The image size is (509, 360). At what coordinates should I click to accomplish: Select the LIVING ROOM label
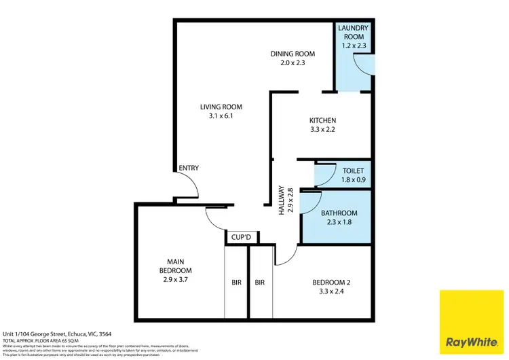(221, 107)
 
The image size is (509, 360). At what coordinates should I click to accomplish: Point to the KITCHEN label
(322, 120)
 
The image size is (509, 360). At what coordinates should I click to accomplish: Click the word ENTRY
(187, 169)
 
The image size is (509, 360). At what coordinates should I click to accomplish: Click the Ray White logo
(472, 322)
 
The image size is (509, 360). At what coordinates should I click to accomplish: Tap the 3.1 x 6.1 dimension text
(221, 116)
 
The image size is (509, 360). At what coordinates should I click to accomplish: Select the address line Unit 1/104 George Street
(57, 334)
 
